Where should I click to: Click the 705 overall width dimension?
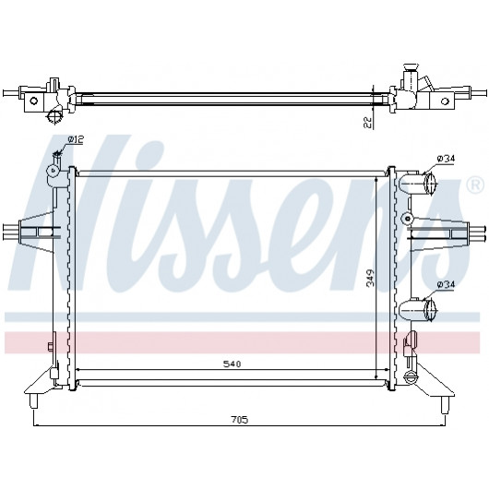(x=240, y=420)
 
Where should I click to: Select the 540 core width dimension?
(x=232, y=364)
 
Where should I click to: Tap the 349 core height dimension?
(x=370, y=278)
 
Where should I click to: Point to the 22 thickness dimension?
(x=368, y=122)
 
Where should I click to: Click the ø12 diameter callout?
(x=75, y=140)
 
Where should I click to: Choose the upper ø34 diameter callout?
(x=446, y=159)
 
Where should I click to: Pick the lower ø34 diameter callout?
(x=446, y=285)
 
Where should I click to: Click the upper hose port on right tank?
(x=417, y=184)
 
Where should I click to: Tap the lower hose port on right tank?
(x=417, y=310)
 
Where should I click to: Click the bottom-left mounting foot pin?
(x=34, y=400)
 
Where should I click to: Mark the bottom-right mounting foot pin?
(x=445, y=405)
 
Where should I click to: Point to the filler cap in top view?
(x=410, y=67)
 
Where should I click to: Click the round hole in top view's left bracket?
(x=33, y=101)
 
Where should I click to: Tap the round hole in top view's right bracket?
(x=445, y=101)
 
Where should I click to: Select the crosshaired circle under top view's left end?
(x=54, y=117)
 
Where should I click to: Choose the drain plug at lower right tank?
(x=410, y=378)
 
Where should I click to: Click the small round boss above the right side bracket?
(x=407, y=219)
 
